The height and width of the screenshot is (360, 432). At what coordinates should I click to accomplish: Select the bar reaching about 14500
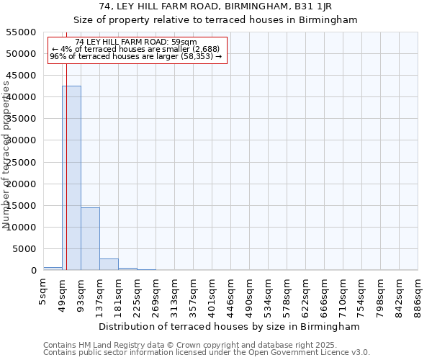click(x=90, y=238)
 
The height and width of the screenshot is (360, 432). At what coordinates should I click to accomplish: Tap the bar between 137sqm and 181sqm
click(x=109, y=264)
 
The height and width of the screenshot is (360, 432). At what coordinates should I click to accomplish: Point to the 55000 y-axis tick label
click(x=22, y=32)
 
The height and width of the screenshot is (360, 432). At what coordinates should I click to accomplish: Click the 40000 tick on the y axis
click(x=22, y=97)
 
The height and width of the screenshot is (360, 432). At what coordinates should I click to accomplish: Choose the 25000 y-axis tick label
click(x=22, y=162)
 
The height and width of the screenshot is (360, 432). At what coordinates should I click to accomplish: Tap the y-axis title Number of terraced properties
click(x=6, y=155)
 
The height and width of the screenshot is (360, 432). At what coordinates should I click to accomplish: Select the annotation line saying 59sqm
click(x=136, y=42)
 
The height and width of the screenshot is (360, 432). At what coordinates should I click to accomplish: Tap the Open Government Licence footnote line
click(x=207, y=352)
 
